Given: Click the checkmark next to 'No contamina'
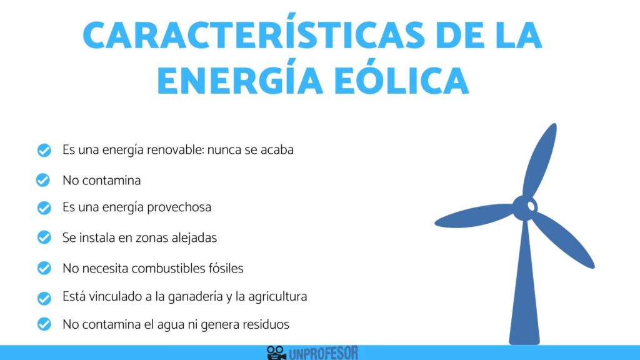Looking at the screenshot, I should click(x=43, y=181).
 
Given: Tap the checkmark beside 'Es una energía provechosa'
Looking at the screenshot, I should click(x=43, y=207).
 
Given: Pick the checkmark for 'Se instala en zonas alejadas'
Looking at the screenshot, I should click(x=43, y=237).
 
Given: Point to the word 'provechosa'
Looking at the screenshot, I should click(x=179, y=207).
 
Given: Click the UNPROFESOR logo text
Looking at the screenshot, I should click(x=323, y=353).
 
